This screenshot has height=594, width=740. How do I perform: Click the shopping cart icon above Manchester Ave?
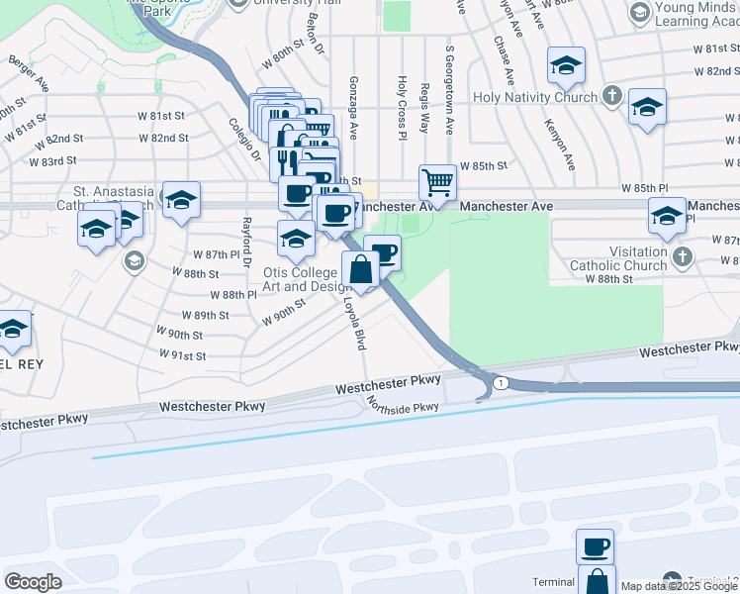tap(437, 182)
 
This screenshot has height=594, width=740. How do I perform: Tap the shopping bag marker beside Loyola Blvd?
tap(360, 269)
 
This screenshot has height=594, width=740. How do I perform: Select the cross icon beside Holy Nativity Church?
tap(612, 97)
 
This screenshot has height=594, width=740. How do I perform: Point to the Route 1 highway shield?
tap(502, 383)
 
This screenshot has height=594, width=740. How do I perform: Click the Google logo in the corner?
tap(33, 582)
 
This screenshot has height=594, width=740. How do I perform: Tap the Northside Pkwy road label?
tap(402, 400)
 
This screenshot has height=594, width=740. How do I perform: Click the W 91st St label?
tap(182, 354)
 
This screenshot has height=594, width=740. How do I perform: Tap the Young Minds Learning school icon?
tap(639, 13)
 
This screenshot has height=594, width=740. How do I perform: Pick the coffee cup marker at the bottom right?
tap(595, 546)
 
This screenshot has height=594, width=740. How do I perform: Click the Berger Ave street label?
tap(29, 66)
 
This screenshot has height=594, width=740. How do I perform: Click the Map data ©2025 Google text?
tap(679, 586)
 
